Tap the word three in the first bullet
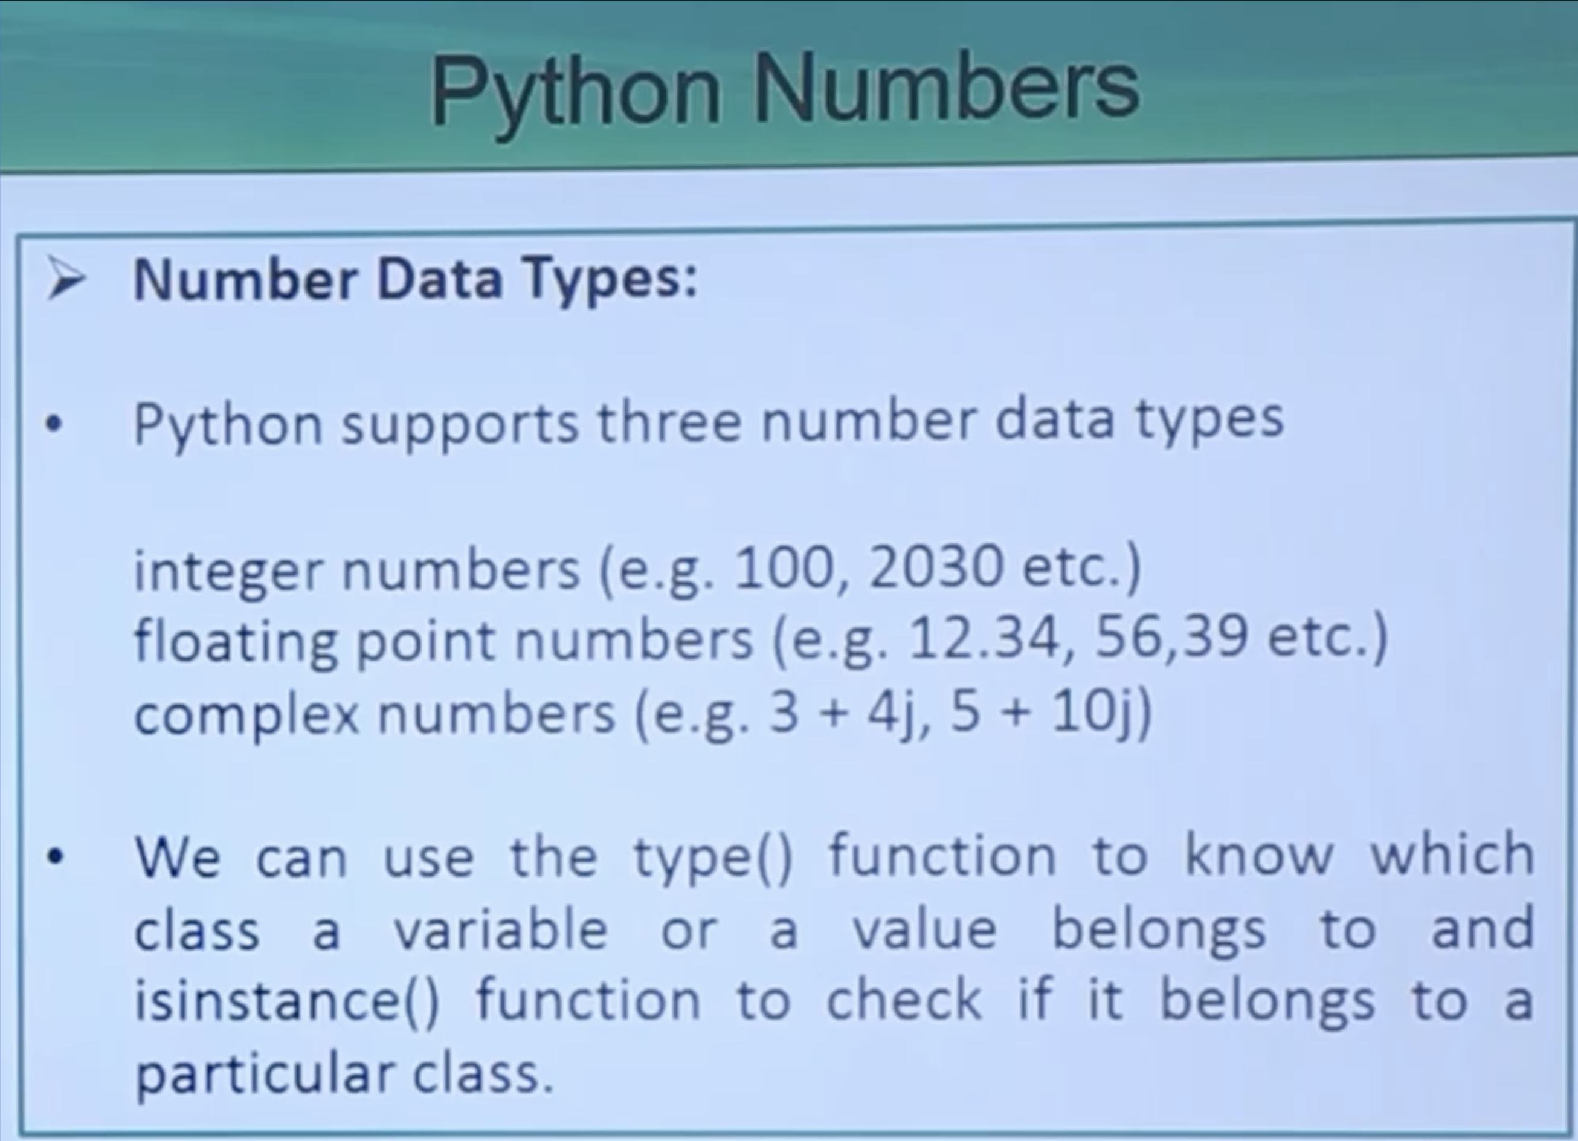[x=669, y=422]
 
